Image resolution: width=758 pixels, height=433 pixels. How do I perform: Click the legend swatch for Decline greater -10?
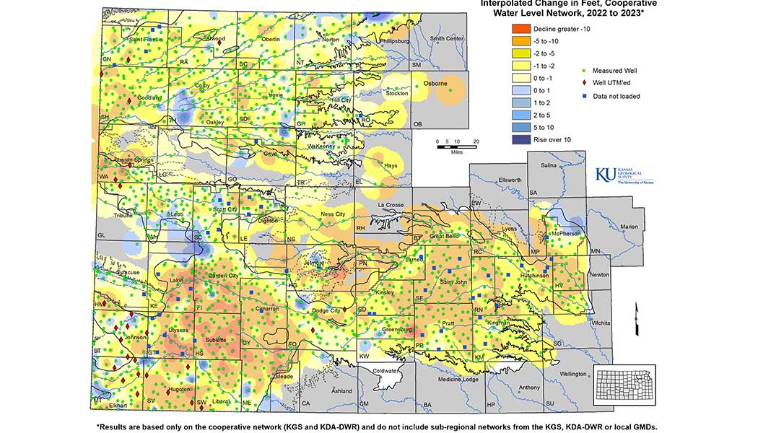521,27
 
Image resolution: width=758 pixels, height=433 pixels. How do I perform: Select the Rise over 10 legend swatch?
521,139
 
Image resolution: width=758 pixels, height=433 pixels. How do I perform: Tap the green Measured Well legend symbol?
584,71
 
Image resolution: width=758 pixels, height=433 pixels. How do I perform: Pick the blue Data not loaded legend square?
584,96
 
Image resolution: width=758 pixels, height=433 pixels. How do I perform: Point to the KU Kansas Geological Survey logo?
624,176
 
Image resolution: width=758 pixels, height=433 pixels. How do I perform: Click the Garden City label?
222,276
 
